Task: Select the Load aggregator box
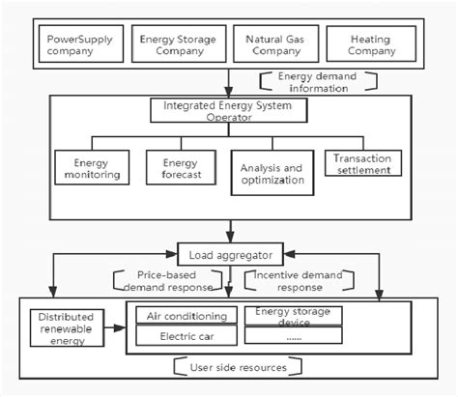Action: point(228,255)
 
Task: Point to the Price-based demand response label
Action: point(157,281)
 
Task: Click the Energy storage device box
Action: point(291,316)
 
